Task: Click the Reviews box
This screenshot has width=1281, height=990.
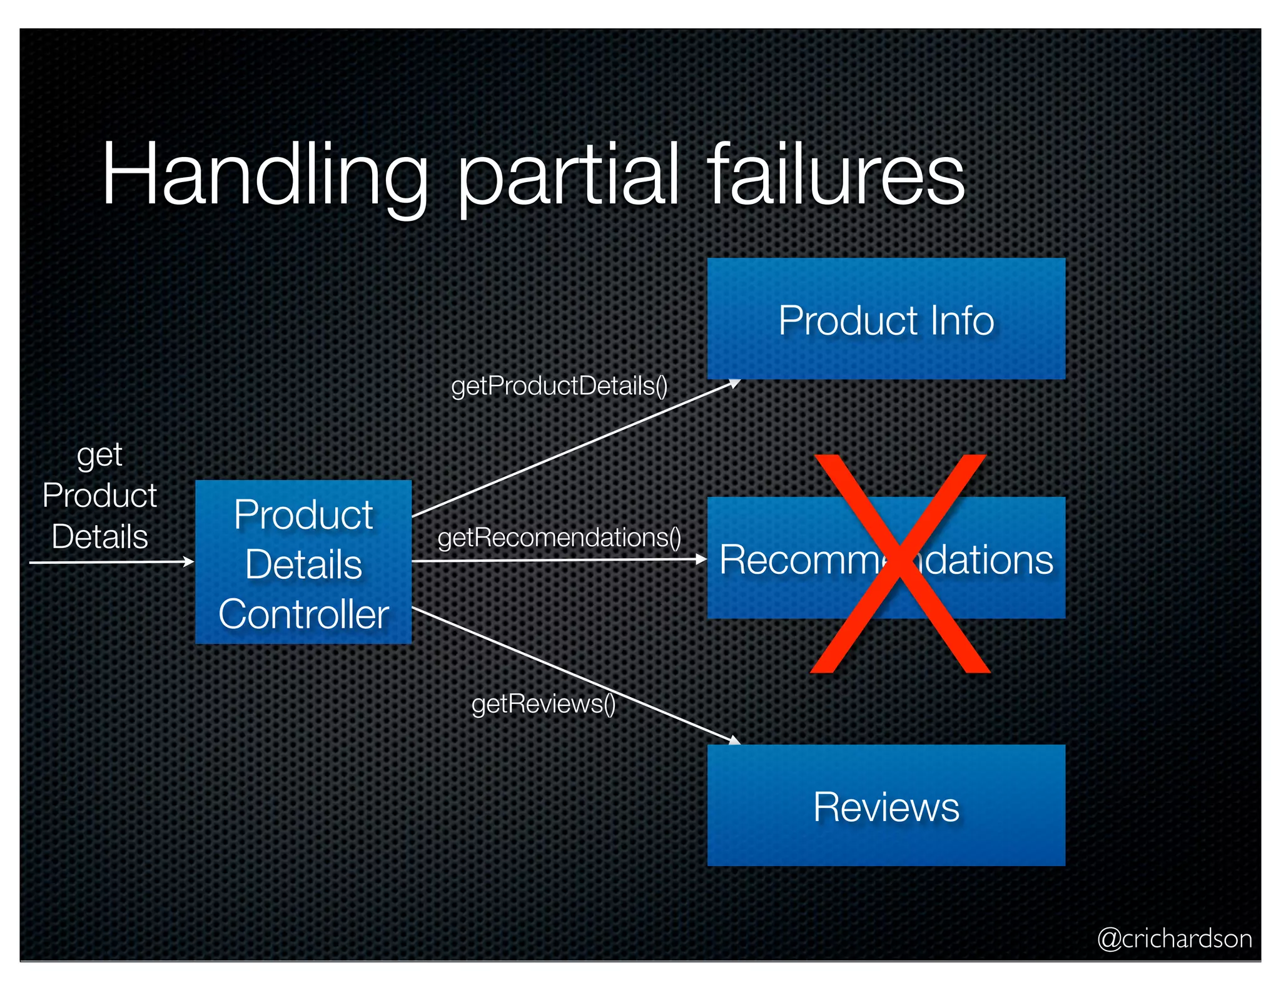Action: click(886, 806)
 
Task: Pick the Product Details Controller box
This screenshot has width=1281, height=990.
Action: click(303, 562)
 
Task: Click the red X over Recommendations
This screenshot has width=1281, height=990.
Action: click(899, 563)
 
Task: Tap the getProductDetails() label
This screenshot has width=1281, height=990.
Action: click(559, 386)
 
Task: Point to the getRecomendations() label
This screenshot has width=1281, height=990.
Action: click(559, 538)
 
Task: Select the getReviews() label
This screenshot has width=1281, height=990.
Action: click(544, 704)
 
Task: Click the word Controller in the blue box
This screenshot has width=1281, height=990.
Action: click(303, 615)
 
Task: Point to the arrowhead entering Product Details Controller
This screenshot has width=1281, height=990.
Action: click(188, 561)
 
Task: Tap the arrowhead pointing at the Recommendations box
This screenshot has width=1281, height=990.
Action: click(702, 559)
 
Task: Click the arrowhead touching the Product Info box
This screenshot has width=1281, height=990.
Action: click(735, 382)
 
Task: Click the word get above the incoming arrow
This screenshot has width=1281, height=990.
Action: click(99, 456)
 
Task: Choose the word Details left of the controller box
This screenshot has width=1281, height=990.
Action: click(100, 537)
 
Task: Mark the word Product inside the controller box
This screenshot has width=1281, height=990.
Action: click(303, 516)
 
